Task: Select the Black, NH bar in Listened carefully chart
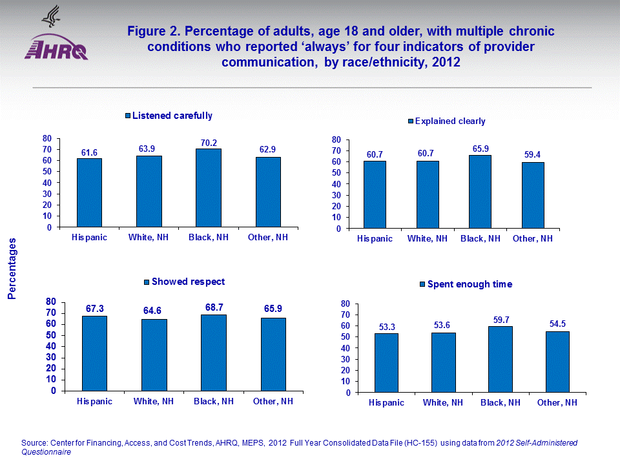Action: click(209, 188)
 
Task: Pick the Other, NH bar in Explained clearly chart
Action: click(532, 195)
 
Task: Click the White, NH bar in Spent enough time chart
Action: click(444, 362)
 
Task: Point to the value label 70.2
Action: click(208, 143)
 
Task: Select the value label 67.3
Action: click(95, 309)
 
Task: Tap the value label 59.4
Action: click(532, 155)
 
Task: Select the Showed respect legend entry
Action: click(184, 282)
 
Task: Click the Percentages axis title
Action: click(12, 268)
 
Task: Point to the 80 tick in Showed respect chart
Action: click(51, 302)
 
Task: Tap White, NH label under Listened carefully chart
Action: click(149, 238)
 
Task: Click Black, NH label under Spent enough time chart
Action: click(500, 402)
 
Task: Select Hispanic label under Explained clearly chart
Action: click(375, 239)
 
